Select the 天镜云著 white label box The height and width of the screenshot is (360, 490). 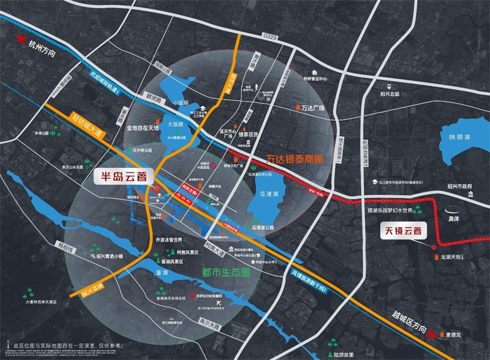(x=405, y=231)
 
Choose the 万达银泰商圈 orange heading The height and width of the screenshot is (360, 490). (x=295, y=160)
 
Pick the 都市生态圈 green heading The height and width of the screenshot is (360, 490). (x=227, y=273)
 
